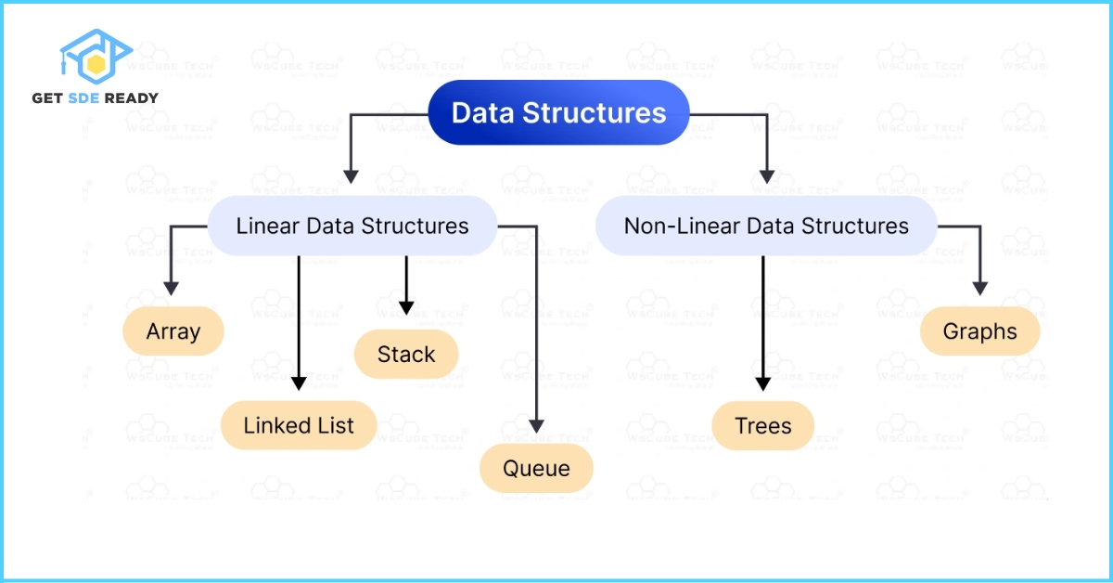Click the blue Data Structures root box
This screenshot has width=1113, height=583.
click(x=558, y=113)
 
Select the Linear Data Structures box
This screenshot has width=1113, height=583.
click(x=352, y=226)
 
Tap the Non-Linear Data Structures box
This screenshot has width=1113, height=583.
click(x=766, y=226)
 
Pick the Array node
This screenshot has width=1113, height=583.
click(x=173, y=331)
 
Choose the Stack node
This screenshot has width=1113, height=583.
click(x=406, y=354)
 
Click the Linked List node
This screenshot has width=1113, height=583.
click(x=299, y=425)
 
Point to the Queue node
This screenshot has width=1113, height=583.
click(x=536, y=468)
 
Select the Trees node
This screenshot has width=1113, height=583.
click(x=763, y=426)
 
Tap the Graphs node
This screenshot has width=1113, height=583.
click(x=980, y=331)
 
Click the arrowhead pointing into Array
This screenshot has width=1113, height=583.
click(x=170, y=289)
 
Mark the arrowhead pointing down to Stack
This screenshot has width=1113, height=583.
click(x=406, y=306)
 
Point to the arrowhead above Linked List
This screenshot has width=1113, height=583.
click(x=299, y=382)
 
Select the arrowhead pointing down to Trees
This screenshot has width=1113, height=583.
click(x=763, y=382)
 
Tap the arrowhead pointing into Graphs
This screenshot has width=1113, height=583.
click(x=980, y=289)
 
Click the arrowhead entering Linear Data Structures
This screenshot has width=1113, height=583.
click(x=351, y=175)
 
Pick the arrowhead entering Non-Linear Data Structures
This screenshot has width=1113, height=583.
click(x=766, y=175)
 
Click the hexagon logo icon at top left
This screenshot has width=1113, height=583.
click(x=96, y=58)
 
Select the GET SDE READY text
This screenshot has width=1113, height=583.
click(x=96, y=97)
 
